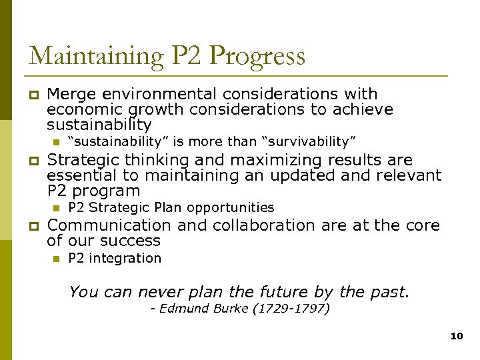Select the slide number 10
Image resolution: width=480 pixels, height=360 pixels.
pos(456,337)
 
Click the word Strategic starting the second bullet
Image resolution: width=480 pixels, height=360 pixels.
pos(83,160)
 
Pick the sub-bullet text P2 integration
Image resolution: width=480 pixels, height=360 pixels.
pos(115,258)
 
